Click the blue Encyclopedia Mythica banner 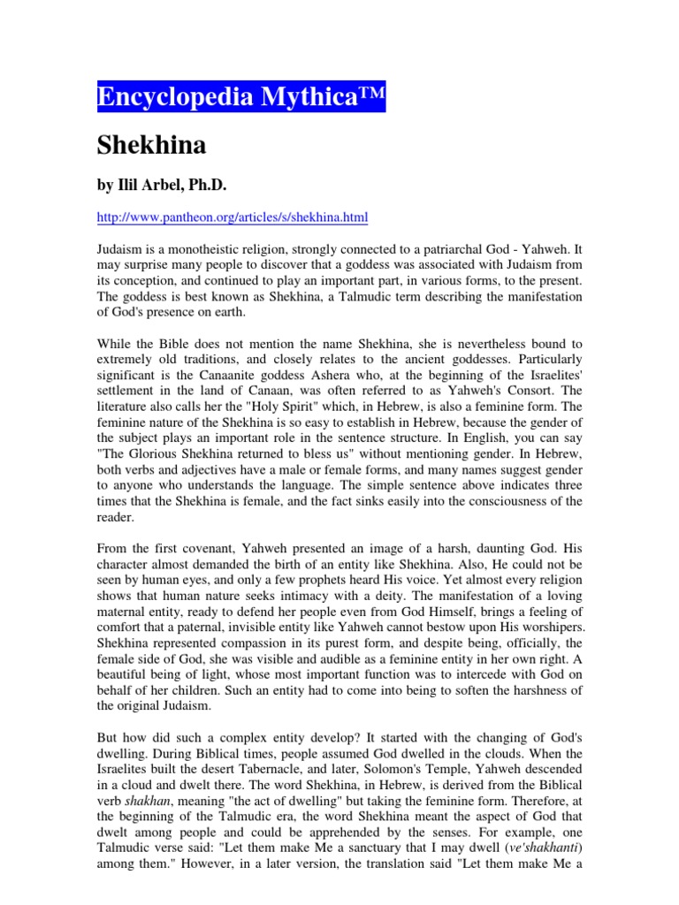tap(240, 95)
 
